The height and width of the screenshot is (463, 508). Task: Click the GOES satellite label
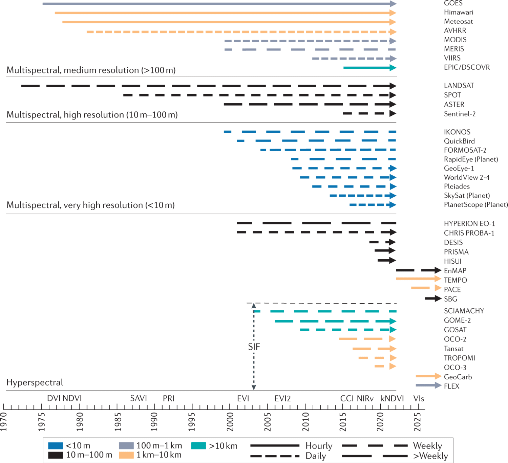coord(453,3)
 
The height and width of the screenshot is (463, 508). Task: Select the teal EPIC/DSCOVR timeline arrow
coord(369,68)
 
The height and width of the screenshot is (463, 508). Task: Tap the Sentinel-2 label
coord(460,114)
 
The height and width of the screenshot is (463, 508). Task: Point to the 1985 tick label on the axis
coord(118,422)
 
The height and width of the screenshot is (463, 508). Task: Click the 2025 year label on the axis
coord(417,422)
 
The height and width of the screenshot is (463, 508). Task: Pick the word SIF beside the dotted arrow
coord(254,347)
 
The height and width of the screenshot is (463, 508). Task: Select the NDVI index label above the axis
coord(72,398)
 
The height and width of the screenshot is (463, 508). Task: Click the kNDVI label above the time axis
coord(392,398)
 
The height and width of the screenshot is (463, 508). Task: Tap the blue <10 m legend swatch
coord(56,446)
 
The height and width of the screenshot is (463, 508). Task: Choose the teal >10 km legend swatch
coord(198,446)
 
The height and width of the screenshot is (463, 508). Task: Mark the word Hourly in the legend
coord(319,446)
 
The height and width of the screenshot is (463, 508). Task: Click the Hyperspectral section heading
coord(35,382)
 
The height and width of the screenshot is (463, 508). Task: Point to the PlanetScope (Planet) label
coord(476,205)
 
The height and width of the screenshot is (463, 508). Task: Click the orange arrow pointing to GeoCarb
coord(428,376)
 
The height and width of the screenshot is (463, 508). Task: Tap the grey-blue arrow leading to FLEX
coord(428,385)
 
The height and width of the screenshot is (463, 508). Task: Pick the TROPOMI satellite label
coord(459,358)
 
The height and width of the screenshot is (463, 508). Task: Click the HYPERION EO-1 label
coord(469,224)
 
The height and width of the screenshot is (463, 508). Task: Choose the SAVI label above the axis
coord(139,398)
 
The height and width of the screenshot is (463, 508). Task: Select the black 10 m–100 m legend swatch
coord(56,455)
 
